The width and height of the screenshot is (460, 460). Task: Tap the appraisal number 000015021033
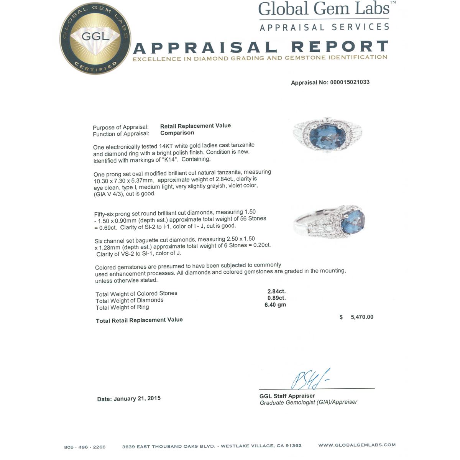(x=350, y=82)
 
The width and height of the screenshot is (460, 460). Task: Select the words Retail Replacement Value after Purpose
(x=195, y=126)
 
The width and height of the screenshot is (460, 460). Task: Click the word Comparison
(x=177, y=133)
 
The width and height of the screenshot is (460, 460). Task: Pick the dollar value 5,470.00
(x=361, y=317)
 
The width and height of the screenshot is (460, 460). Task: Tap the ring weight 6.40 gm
(x=275, y=305)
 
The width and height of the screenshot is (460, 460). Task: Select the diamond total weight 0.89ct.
(x=277, y=298)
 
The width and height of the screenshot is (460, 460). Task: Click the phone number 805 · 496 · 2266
(x=85, y=447)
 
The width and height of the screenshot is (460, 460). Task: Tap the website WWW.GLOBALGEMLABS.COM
(x=357, y=445)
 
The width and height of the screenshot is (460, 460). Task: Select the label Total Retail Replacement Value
(x=139, y=320)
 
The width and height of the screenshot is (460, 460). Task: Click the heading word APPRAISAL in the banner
(x=205, y=48)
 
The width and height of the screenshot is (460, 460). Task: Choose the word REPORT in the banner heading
(x=339, y=47)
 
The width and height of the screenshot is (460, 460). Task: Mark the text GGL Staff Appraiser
(x=287, y=396)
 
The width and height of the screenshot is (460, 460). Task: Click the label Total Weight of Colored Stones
(x=136, y=294)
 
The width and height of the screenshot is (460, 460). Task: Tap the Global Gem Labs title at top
(x=324, y=9)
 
